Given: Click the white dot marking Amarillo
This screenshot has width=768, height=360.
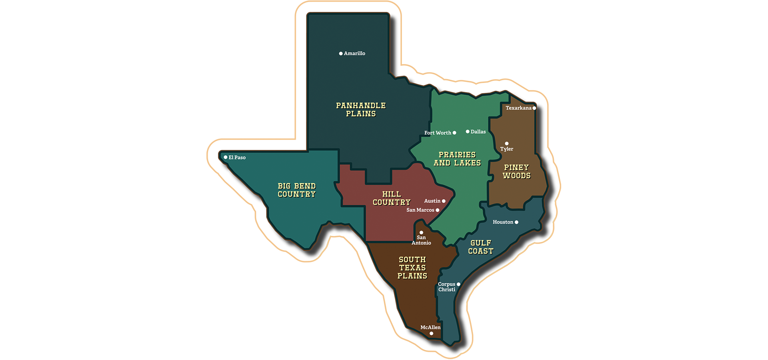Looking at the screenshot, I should click(341, 54).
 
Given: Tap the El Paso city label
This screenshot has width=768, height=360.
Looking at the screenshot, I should click(237, 158).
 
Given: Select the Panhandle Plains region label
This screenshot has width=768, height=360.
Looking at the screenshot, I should click(361, 110).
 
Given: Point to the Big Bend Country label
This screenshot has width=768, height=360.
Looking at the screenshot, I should click(297, 190).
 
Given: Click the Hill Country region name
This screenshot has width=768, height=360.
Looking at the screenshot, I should click(392, 198).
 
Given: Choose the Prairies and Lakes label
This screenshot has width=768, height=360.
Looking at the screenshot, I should click(457, 159).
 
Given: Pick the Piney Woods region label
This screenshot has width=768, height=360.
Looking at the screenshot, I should click(516, 172).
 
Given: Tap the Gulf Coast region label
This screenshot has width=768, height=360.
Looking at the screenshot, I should click(481, 247).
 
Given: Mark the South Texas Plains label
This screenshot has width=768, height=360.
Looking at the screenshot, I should click(412, 268).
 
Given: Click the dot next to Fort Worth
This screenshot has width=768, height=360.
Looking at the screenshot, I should click(454, 133).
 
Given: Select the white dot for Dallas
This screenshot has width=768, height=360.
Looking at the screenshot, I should click(468, 132).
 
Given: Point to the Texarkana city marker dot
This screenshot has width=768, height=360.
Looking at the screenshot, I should click(534, 108).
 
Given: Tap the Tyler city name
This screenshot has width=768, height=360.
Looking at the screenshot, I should click(507, 149).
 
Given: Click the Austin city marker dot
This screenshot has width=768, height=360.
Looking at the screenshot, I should click(444, 201).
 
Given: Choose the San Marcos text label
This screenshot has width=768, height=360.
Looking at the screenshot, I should click(420, 210).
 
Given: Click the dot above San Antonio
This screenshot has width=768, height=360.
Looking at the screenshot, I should click(421, 232).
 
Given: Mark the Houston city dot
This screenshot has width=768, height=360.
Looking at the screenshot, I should click(516, 222).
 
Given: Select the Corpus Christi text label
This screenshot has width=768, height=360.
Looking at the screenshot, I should click(447, 287).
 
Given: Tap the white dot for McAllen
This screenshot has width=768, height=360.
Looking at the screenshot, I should click(431, 334).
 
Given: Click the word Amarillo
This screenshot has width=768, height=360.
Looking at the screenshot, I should click(355, 54).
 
